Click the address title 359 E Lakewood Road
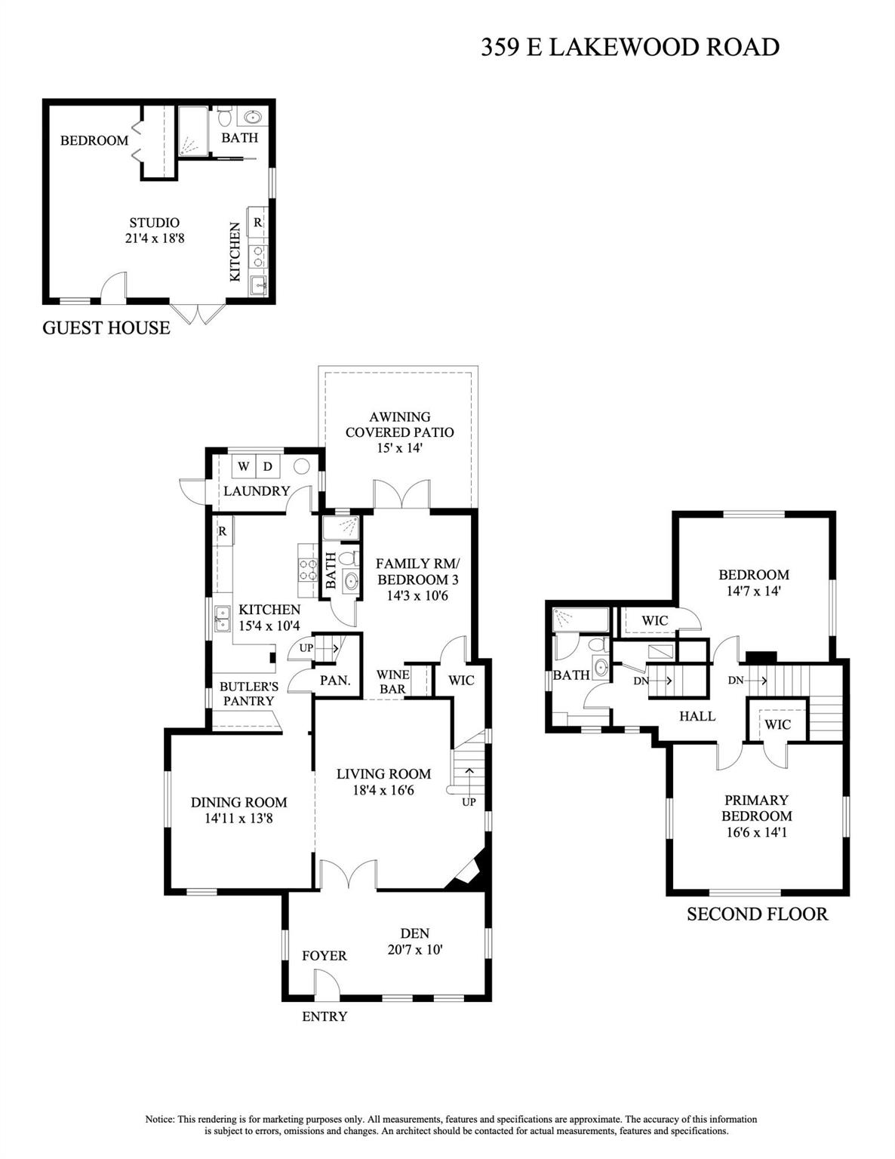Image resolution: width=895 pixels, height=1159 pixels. tap(630, 48)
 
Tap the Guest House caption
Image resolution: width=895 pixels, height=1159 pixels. tap(106, 327)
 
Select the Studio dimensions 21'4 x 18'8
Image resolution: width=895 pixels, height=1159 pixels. tap(155, 238)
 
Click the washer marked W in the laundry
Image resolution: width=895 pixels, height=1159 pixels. tap(243, 466)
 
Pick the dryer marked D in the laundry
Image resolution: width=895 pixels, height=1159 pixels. tap(268, 466)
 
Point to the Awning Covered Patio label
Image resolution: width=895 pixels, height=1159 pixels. tap(399, 424)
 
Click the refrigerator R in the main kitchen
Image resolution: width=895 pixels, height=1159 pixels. tap(223, 531)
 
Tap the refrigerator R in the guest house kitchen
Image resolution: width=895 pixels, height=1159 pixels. tap(257, 223)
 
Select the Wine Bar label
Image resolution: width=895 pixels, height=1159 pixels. tap(393, 681)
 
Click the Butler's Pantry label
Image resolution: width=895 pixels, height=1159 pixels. tap(248, 693)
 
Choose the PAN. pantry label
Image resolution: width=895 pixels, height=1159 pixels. tap(335, 680)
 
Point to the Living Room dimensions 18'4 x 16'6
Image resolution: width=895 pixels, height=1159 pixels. tap(383, 790)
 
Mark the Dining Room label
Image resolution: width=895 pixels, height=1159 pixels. tap(239, 802)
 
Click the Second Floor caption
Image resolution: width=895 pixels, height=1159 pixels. tap(758, 915)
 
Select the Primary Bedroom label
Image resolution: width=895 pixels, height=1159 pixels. tap(756, 808)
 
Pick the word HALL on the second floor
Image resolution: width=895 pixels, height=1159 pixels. tap(697, 716)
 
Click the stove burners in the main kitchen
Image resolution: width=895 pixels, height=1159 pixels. tap(309, 569)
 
